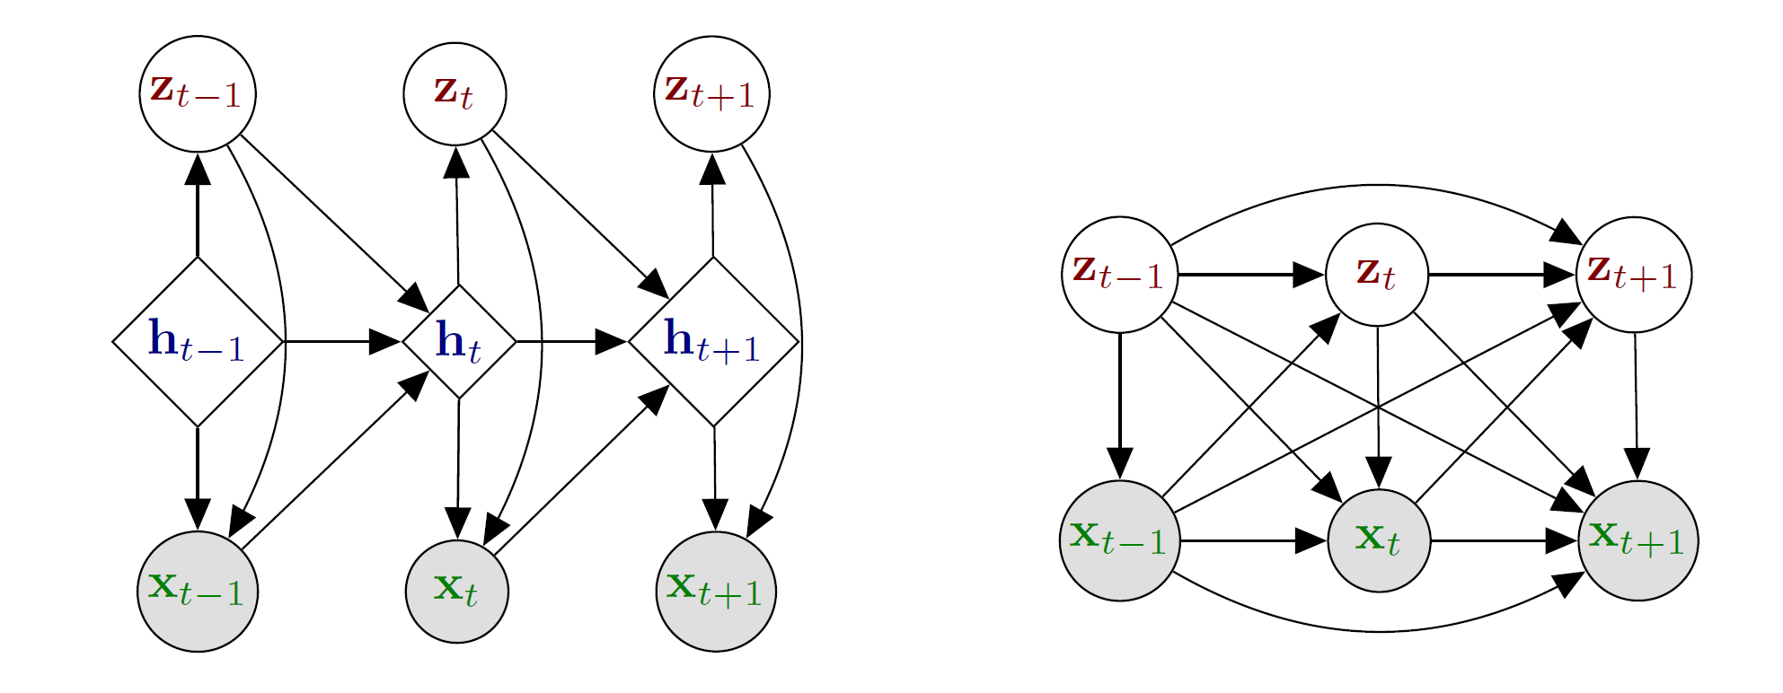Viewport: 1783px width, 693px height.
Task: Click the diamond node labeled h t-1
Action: point(198,342)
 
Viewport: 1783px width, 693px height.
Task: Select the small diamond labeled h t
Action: point(459,342)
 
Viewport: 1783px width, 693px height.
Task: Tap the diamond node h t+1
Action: point(713,342)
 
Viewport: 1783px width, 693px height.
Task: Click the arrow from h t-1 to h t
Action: point(342,342)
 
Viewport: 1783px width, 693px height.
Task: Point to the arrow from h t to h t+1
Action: point(572,342)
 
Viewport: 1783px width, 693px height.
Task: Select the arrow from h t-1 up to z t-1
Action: point(198,205)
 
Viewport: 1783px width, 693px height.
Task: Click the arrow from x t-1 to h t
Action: point(335,460)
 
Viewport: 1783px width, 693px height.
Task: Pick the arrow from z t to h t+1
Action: point(580,215)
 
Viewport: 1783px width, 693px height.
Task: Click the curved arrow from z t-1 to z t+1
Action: point(1377,186)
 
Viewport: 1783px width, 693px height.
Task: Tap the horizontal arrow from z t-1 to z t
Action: point(1252,275)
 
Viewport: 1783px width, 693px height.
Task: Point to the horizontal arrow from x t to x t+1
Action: point(1505,541)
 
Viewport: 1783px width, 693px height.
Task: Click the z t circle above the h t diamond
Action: point(455,93)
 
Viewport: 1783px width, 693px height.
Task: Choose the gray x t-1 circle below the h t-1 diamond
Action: point(198,592)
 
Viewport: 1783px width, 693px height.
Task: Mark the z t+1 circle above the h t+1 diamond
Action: point(711,93)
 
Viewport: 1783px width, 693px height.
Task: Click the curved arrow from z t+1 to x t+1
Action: point(800,341)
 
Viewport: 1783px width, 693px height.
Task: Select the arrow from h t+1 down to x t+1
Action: point(715,478)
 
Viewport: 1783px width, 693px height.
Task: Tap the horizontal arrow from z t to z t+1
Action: point(1503,275)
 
